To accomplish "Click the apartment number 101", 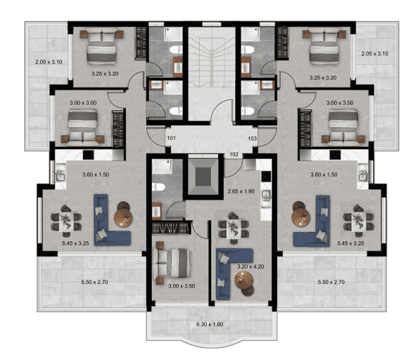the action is tap(172, 138).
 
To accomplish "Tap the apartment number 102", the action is tap(234, 155).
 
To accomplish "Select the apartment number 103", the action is tap(252, 139).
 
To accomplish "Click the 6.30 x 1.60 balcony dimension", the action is tap(210, 324).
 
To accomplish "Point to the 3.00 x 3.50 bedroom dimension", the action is tap(182, 286).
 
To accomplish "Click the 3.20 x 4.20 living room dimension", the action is tap(251, 266).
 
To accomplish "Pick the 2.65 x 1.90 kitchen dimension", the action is tap(241, 191).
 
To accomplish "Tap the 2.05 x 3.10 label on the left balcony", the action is tap(49, 62).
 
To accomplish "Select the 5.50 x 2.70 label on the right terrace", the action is tap(331, 282).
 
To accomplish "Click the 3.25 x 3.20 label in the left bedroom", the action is tap(105, 74).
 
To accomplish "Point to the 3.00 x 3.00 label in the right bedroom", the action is tap(340, 103).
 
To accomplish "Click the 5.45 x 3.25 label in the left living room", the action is tap(75, 243).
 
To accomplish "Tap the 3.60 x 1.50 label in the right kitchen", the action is tap(324, 174).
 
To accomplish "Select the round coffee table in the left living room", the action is tap(123, 217).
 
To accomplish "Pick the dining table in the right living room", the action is tap(357, 221).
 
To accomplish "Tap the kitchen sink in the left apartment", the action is tap(61, 175).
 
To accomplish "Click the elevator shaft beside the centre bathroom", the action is tap(203, 176).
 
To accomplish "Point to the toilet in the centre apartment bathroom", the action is tap(158, 186).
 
